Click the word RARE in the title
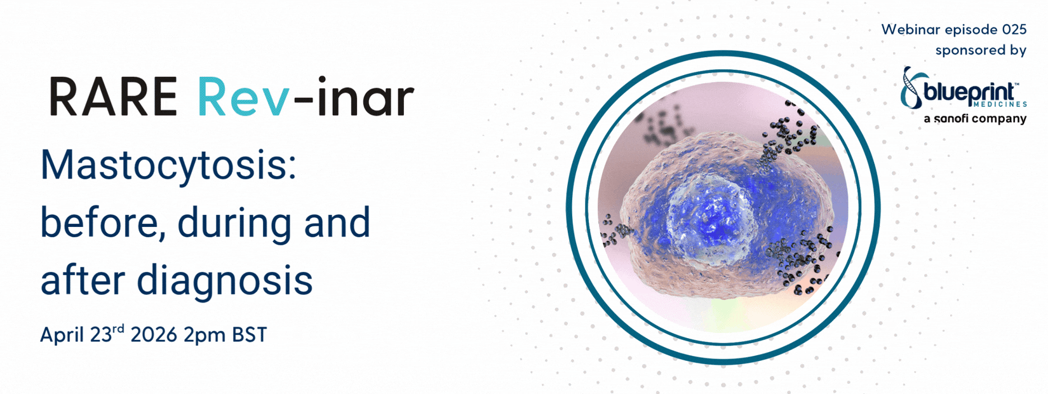click(113, 97)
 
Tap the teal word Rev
click(243, 97)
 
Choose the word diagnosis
click(225, 282)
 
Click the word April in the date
click(62, 336)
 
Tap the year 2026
click(154, 335)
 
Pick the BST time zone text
click(250, 335)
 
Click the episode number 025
click(1014, 29)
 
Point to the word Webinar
click(911, 29)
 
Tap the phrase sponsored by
click(981, 51)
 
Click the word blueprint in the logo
click(970, 93)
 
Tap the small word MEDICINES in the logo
click(1002, 104)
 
